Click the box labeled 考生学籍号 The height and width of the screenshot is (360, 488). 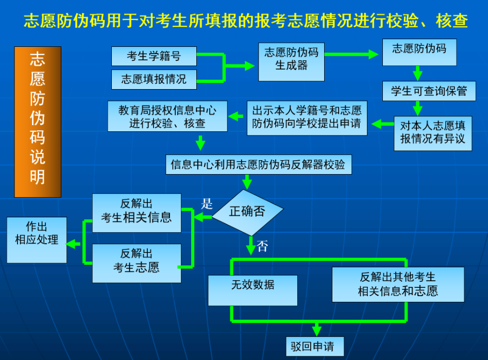pos(154,56)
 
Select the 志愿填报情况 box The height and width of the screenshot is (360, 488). pos(154,79)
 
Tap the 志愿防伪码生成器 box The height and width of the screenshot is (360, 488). pos(291,62)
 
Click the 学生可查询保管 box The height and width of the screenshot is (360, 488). pos(429,91)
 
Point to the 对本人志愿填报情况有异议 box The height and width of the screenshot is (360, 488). pos(432,133)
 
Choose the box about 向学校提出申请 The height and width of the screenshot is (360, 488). pos(307,118)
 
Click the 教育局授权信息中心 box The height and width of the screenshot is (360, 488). pos(167,116)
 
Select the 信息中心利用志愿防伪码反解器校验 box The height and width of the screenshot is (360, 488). pos(258,164)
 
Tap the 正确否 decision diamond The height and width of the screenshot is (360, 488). pos(247,213)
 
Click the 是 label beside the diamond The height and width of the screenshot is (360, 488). pos(207,204)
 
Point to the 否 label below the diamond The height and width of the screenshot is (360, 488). pos(262,246)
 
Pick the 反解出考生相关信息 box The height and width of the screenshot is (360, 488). pos(137,213)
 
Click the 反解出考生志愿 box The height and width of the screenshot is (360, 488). pos(137,263)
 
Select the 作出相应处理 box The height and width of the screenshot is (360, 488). pos(37,240)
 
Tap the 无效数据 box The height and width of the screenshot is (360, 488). pos(253,290)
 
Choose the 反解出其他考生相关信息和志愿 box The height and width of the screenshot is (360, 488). pos(398,284)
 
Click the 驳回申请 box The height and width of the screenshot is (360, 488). pos(315,346)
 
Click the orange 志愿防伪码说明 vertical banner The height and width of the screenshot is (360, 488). pos(38,122)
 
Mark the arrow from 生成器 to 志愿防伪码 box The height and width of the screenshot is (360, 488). pos(351,55)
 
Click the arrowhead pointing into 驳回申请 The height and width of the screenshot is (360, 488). pos(317,332)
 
